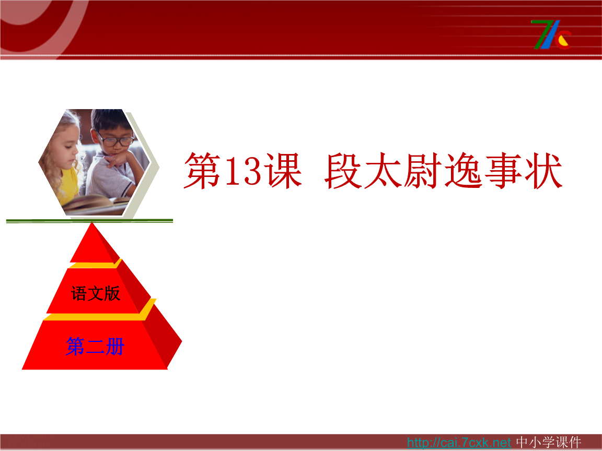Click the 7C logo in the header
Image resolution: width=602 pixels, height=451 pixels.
[551, 34]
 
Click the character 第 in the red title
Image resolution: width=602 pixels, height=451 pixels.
[203, 171]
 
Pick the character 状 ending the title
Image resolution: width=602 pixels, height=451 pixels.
[543, 171]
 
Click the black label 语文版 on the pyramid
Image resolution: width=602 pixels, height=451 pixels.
[96, 293]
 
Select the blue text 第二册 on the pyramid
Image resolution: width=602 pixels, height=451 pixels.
[95, 346]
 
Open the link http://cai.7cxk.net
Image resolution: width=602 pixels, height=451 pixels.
[458, 443]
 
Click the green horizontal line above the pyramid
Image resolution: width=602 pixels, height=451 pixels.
[89, 221]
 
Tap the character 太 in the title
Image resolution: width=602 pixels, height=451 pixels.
[384, 171]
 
